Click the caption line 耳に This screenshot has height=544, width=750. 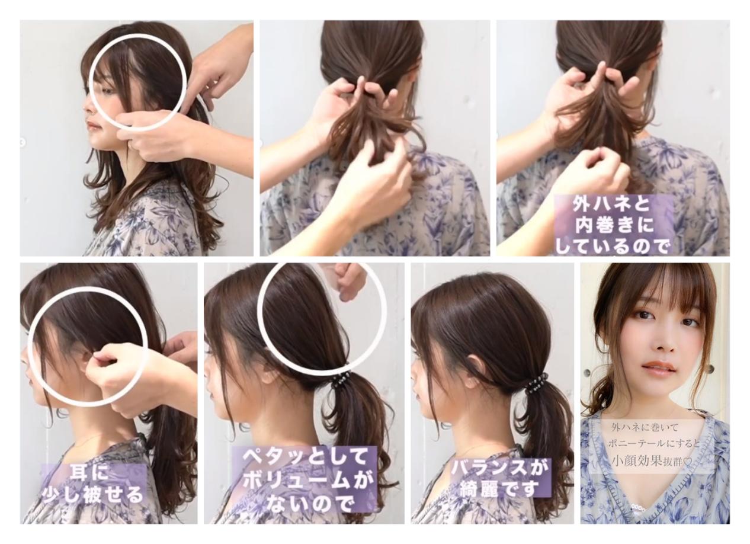tap(93, 473)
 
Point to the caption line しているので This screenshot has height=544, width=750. tap(613, 248)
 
